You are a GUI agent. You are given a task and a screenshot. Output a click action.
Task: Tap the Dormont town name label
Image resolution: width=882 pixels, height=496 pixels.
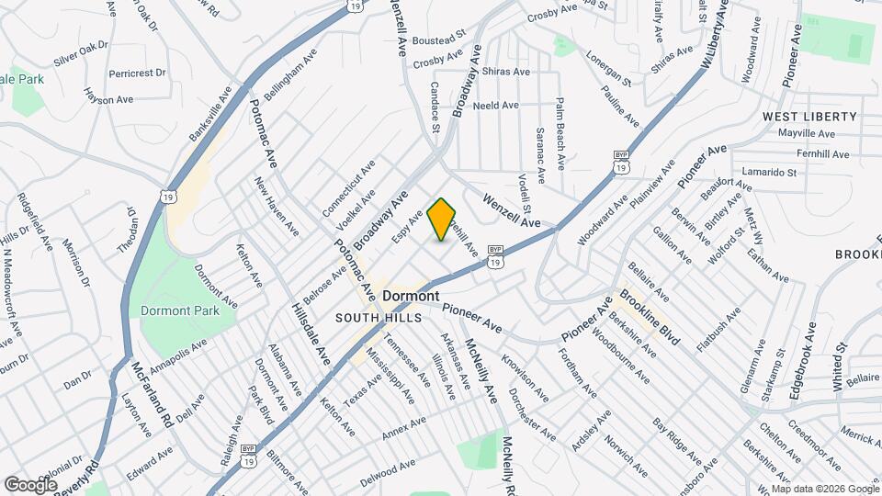410,297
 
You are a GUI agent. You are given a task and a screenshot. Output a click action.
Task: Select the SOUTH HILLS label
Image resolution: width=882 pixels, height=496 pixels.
378,318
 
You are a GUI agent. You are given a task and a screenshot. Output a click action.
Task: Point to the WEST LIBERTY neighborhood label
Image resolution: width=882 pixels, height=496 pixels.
809,117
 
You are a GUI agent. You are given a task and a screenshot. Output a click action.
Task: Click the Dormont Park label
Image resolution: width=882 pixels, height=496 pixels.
180,310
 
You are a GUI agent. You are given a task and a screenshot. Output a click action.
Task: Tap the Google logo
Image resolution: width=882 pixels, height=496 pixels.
30,484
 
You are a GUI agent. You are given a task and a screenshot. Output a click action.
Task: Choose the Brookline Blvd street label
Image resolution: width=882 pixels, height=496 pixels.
650,317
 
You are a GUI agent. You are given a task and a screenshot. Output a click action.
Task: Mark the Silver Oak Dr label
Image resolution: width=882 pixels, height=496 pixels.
82,52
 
